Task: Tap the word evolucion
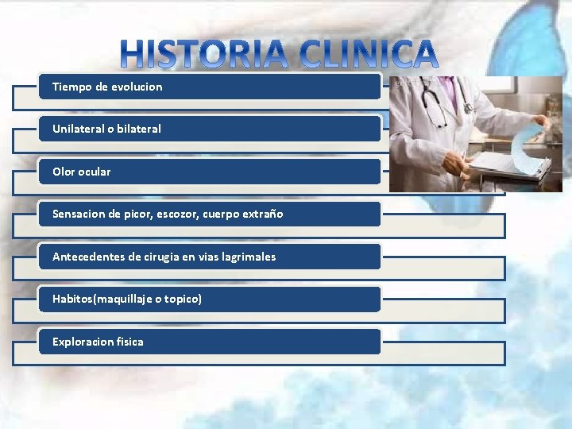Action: [x=136, y=87]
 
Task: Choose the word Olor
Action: [x=64, y=172]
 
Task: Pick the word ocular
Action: [x=95, y=172]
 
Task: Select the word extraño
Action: [x=262, y=214]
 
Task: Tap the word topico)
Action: [x=184, y=299]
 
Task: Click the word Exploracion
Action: [x=83, y=342]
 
